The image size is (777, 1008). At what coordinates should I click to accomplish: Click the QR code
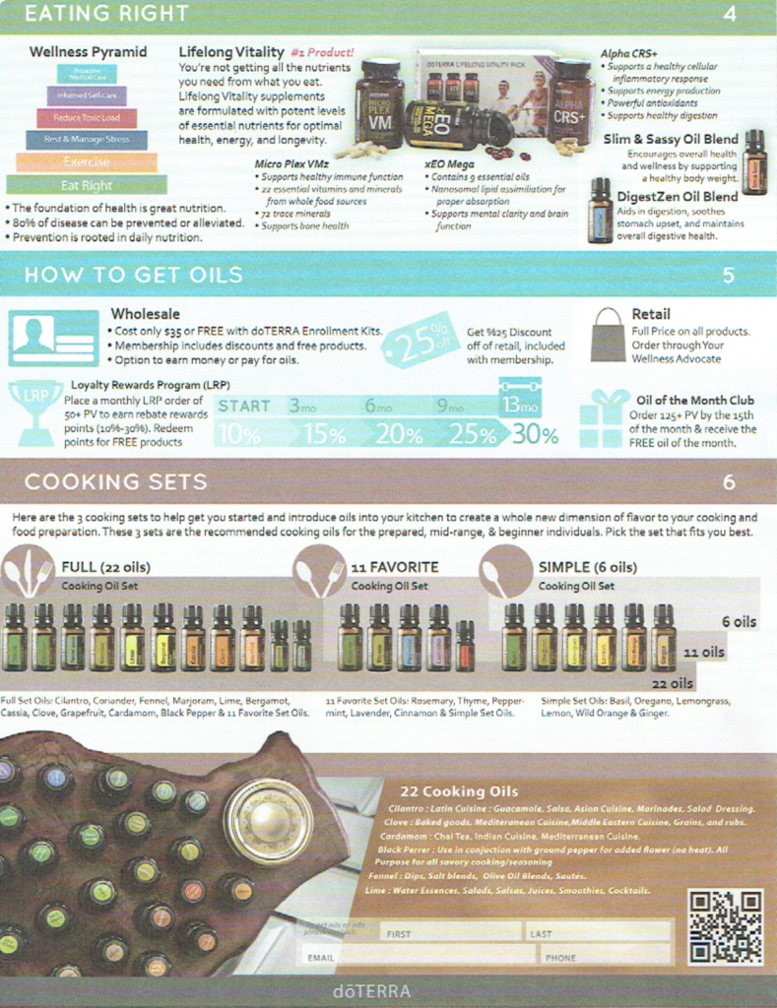coord(725,926)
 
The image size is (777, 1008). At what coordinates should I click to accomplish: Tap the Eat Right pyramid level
coord(87,185)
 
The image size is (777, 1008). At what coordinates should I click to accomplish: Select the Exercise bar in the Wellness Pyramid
coord(87,162)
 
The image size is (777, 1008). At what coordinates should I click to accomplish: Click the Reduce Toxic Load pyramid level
coord(87,118)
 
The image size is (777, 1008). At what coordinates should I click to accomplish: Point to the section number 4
coord(729,14)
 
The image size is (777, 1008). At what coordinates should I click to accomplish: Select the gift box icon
coord(604,418)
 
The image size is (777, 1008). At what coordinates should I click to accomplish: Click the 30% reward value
coord(535,434)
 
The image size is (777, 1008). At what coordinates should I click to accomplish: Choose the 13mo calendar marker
coord(519,404)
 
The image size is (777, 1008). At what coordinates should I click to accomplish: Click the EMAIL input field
coord(418,956)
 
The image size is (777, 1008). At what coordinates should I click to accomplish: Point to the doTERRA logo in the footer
coord(371,991)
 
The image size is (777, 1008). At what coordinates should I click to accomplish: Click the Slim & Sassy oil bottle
coord(753,161)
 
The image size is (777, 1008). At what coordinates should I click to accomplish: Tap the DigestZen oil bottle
coord(600,211)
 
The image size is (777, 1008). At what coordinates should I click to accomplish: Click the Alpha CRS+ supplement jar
coord(570,101)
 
